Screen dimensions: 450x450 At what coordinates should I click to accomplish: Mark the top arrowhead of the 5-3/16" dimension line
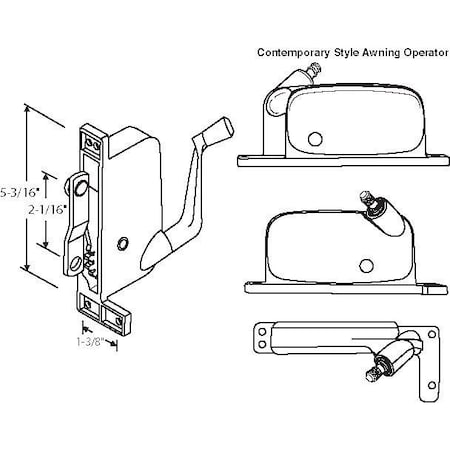[x=26, y=106]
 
